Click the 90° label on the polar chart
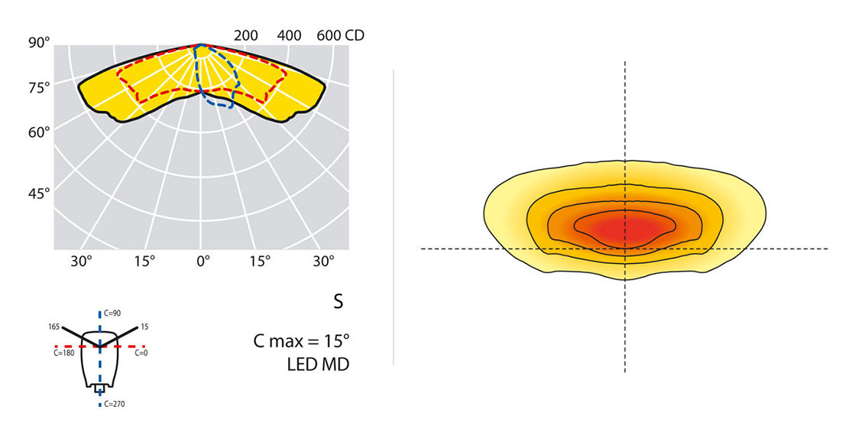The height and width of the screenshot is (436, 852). coord(39,42)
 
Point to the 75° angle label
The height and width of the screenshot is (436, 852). coord(39,87)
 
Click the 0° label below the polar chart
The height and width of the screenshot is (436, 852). coord(202,261)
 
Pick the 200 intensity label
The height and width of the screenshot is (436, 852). coord(246,35)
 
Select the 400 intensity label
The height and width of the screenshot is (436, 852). coord(290,35)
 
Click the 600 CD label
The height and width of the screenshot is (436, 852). coord(340,35)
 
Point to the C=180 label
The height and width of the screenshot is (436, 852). coord(63,353)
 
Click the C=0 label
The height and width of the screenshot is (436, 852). coord(141,353)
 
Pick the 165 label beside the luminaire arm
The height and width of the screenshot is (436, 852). coord(55,327)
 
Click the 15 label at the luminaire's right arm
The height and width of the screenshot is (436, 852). coord(144,327)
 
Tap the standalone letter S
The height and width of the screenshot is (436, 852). coord(338,302)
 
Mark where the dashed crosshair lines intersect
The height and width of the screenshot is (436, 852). coord(626,249)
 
